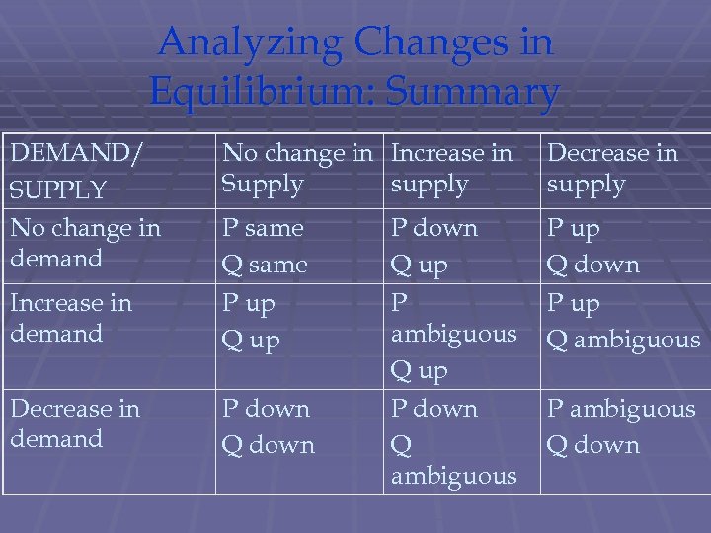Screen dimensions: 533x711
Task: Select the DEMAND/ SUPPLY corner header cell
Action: click(74, 169)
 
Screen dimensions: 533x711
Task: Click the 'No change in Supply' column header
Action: click(297, 168)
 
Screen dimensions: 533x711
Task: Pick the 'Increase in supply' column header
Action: click(451, 168)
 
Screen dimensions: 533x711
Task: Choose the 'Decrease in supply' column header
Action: click(612, 168)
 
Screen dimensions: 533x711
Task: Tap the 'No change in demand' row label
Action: click(85, 243)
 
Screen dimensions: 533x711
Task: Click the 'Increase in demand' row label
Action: click(71, 318)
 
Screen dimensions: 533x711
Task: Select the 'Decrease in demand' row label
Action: click(75, 422)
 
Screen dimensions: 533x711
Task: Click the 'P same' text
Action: click(263, 228)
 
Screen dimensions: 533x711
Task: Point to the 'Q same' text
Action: click(265, 265)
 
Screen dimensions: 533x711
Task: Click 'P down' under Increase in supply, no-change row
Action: click(434, 228)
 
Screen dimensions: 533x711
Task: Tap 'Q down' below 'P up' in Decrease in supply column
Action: click(593, 265)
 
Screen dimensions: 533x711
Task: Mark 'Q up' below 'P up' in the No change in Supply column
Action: click(251, 341)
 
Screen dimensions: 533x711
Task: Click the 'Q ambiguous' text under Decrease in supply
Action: click(623, 341)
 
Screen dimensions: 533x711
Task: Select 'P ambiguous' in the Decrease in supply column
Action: click(621, 409)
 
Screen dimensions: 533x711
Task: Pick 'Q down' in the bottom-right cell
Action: click(593, 445)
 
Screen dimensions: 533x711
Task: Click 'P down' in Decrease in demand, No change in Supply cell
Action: click(266, 409)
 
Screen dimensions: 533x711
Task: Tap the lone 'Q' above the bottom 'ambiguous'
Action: click(402, 446)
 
